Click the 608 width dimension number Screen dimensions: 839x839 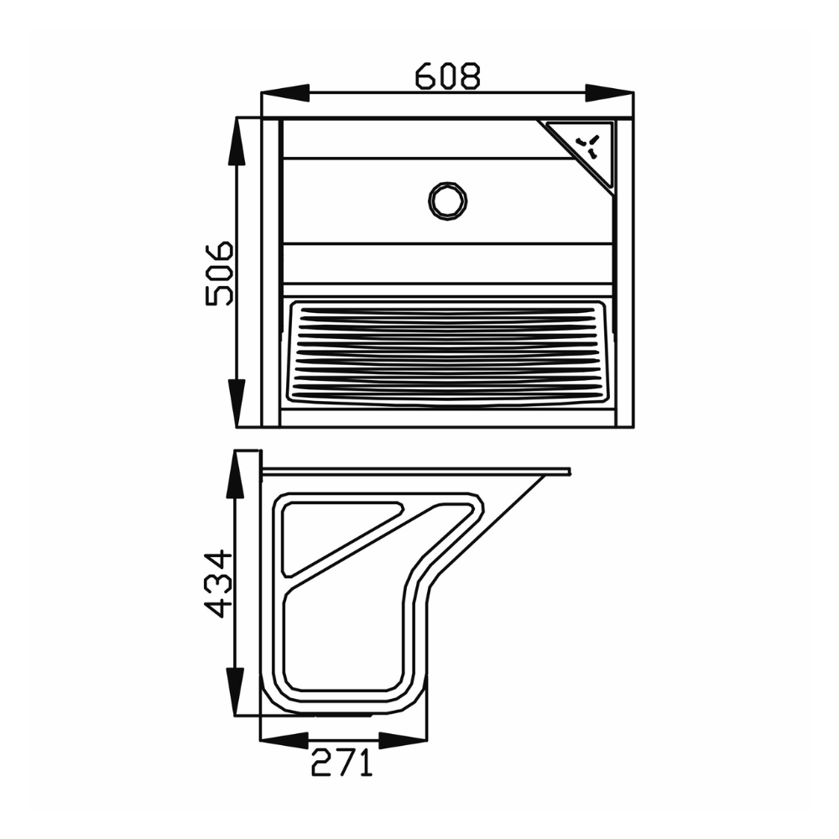point(448,76)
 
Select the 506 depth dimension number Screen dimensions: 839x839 point(219,274)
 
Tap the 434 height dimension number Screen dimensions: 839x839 point(219,584)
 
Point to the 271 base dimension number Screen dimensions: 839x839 point(341,763)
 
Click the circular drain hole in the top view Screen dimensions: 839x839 point(448,201)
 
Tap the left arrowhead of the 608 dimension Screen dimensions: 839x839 point(286,93)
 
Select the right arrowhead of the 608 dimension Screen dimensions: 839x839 point(609,93)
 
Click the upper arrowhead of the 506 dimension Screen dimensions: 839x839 point(237,142)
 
